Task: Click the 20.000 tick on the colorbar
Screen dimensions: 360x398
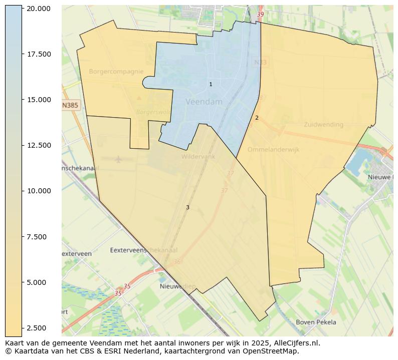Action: tap(39, 9)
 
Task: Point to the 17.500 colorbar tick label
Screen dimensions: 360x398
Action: tap(39, 54)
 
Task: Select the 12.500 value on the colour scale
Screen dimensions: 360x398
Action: tap(39, 145)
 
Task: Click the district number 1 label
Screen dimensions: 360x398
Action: tap(211, 84)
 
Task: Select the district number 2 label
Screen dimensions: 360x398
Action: tap(257, 118)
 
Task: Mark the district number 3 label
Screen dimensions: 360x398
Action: tap(187, 207)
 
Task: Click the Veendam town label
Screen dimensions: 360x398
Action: tap(204, 102)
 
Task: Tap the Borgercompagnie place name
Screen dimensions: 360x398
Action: tap(116, 72)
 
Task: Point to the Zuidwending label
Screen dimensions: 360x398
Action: tap(323, 125)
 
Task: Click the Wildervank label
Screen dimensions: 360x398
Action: tap(198, 157)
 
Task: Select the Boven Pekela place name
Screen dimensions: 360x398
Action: tap(316, 322)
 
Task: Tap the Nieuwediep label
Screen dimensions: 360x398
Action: tap(177, 286)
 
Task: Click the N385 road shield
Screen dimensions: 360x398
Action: tap(70, 105)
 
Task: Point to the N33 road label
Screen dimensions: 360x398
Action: tap(260, 63)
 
